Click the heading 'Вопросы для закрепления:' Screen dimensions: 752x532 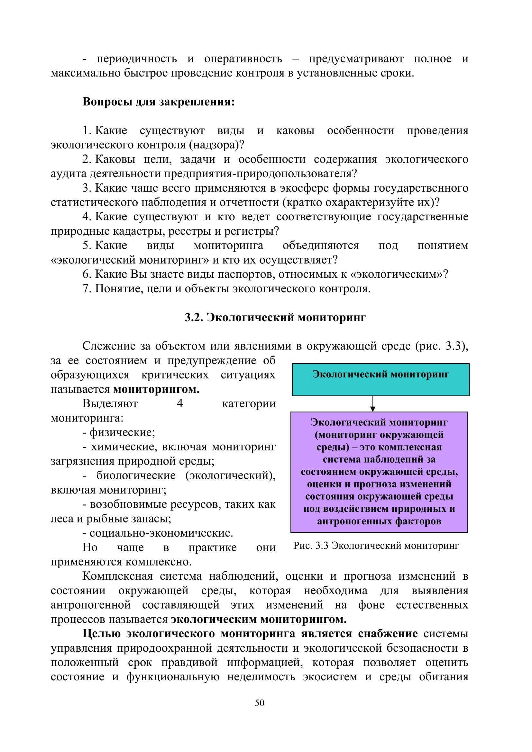click(x=159, y=102)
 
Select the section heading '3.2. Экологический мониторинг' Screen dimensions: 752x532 click(x=275, y=317)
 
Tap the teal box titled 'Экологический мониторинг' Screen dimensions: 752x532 click(x=380, y=379)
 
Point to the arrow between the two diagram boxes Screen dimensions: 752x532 click(x=372, y=403)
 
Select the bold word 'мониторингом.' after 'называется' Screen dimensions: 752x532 click(x=156, y=389)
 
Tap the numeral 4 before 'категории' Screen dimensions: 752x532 click(x=179, y=403)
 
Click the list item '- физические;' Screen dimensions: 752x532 click(x=119, y=432)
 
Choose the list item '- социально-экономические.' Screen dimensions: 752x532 click(x=158, y=533)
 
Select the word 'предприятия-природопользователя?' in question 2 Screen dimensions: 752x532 click(x=261, y=173)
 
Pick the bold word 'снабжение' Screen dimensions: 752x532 click(x=388, y=633)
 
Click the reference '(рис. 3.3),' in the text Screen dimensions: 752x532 click(x=442, y=346)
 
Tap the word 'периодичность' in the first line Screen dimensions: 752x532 click(x=137, y=59)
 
